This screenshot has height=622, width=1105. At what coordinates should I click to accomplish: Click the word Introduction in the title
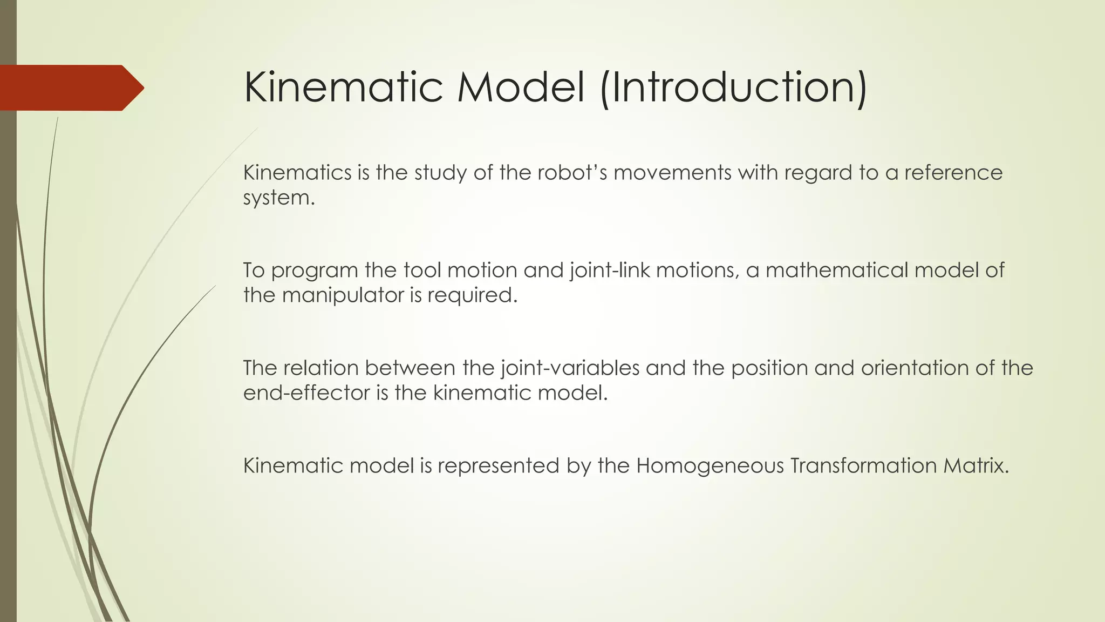733,87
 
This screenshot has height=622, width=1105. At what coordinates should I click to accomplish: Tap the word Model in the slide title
521,87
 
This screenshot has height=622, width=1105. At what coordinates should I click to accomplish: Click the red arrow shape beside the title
70,87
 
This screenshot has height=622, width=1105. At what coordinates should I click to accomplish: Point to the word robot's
572,173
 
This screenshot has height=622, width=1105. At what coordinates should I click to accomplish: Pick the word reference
953,173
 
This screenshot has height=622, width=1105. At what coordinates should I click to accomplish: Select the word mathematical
836,270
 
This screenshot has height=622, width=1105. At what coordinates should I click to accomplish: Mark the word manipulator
351,295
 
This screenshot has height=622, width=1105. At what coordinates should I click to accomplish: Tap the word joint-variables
570,368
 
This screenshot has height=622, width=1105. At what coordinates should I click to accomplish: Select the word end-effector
306,393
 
